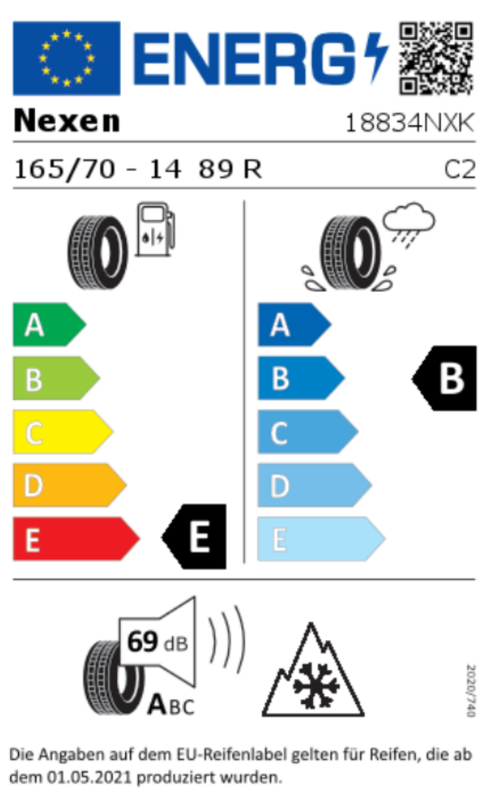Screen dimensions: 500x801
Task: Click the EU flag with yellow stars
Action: [x=67, y=58]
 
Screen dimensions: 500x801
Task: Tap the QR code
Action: [x=436, y=58]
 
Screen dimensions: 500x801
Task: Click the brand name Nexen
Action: [x=67, y=121]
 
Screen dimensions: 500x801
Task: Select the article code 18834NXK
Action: [x=410, y=123]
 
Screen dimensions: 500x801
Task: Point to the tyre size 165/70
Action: [x=65, y=169]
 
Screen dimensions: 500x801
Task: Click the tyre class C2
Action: [x=460, y=169]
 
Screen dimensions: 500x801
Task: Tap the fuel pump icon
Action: [x=155, y=229]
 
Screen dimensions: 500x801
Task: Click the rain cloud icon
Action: [x=409, y=224]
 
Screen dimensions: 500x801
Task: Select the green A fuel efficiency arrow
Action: [x=49, y=325]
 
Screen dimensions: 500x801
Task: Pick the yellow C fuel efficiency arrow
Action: [x=63, y=431]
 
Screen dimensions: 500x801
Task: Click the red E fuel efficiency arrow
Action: [x=76, y=539]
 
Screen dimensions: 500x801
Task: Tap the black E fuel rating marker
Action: [x=194, y=537]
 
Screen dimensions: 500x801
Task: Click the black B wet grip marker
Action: [x=444, y=378]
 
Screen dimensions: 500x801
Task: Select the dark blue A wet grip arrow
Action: [x=295, y=325]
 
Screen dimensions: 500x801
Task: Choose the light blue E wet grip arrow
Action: [x=321, y=539]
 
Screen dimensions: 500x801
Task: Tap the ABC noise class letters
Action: [x=171, y=705]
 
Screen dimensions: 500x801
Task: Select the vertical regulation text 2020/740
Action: [x=471, y=690]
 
